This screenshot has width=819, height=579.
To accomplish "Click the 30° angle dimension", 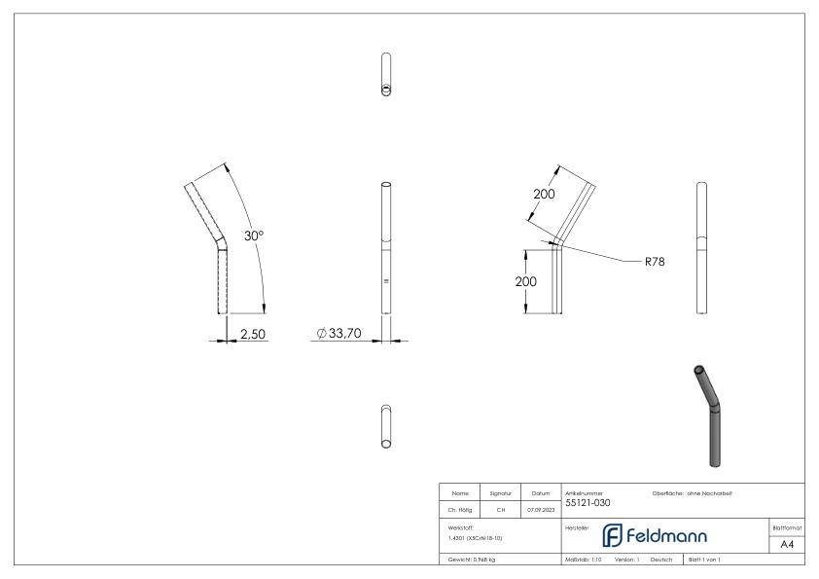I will click(x=255, y=235).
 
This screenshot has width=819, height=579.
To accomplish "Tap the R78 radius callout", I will click(x=655, y=261).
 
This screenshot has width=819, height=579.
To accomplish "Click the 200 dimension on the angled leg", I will click(x=544, y=193).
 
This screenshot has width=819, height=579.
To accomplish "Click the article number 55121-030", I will click(x=588, y=503).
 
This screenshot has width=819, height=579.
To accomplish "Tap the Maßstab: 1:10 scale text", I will click(x=584, y=560).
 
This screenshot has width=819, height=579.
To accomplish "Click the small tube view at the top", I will click(x=386, y=74).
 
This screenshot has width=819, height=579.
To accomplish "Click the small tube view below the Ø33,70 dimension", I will click(x=386, y=426).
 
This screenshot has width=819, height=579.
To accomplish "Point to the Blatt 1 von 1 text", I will click(x=704, y=560).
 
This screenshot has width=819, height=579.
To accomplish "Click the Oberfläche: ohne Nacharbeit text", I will click(x=692, y=493).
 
